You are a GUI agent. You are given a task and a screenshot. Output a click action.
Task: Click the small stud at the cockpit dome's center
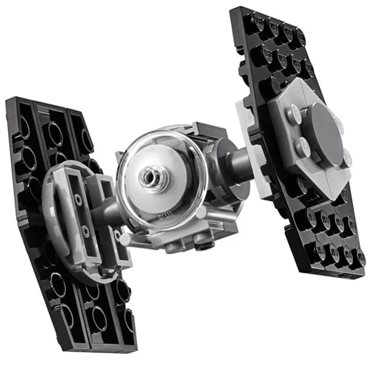coord(149,178)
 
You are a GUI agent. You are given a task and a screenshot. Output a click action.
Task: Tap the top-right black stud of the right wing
coord(300,34)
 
